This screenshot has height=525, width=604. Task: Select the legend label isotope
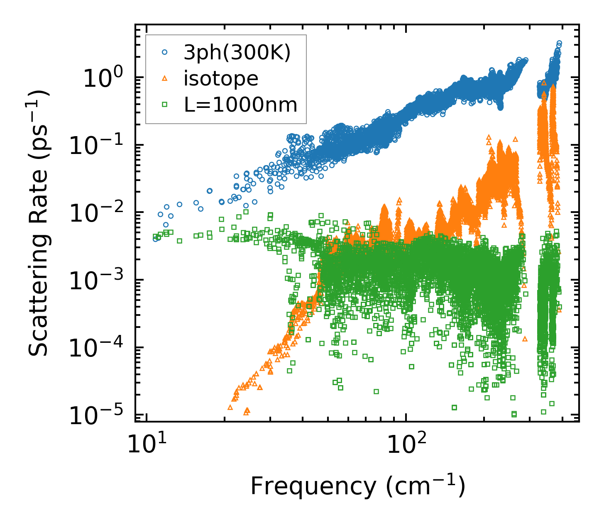tap(221, 79)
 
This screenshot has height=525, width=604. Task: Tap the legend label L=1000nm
tap(241, 105)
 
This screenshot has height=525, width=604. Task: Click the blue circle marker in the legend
tap(165, 52)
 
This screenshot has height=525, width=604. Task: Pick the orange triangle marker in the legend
tap(165, 78)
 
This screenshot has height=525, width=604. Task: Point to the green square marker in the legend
tap(165, 105)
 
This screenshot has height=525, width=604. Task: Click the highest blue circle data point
tap(559, 43)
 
